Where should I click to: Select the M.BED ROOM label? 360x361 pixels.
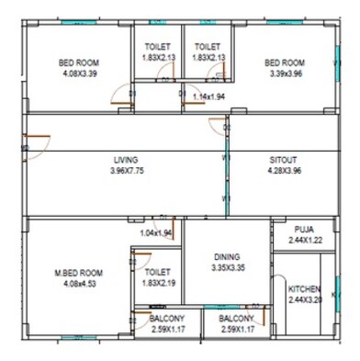78,273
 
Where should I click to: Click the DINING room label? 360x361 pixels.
227,257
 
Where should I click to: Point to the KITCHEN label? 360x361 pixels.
306,288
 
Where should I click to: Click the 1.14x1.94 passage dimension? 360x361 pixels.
209,96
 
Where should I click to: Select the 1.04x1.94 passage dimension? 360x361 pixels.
156,232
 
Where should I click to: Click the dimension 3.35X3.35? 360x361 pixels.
227,268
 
